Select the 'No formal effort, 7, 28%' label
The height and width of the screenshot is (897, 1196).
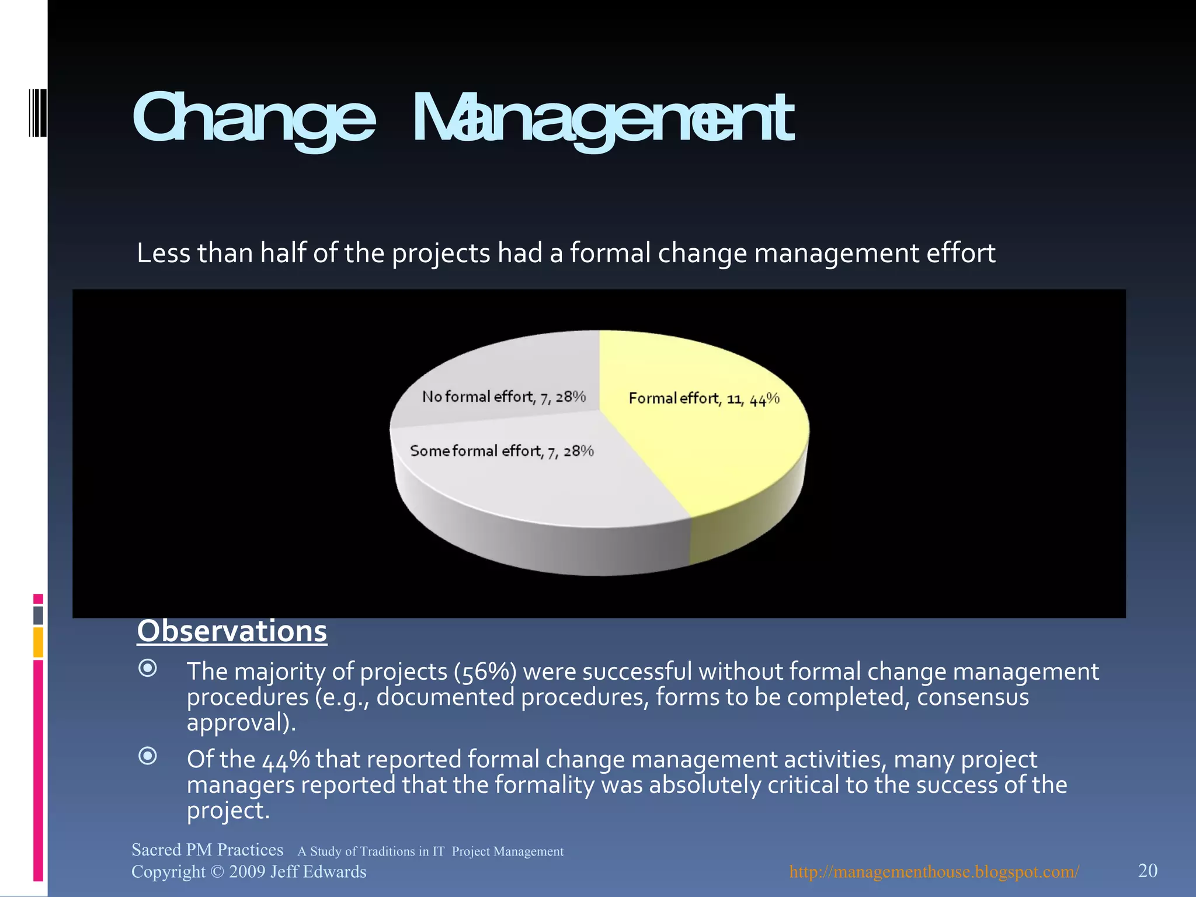point(503,397)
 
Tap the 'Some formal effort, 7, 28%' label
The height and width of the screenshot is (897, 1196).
point(502,451)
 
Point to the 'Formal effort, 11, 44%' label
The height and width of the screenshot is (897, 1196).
point(704,399)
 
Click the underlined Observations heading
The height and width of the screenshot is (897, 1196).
point(232,631)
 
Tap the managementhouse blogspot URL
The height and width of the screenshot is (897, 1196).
point(934,872)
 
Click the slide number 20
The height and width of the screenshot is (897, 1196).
point(1148,871)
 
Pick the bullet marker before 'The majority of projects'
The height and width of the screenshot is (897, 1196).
point(148,668)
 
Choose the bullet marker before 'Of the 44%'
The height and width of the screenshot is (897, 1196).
point(148,756)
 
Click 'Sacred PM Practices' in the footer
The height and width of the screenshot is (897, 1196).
point(207,850)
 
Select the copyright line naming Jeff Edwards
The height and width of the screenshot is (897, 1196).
point(249,872)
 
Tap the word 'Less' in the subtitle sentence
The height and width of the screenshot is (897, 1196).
point(164,253)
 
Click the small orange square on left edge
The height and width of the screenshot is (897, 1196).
point(38,642)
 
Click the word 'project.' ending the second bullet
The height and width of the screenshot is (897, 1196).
point(228,811)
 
